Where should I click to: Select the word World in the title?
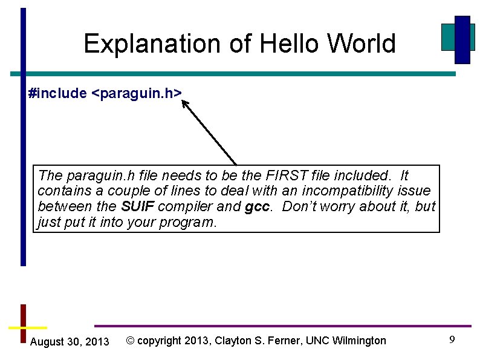point(362,44)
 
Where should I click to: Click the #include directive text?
point(57,93)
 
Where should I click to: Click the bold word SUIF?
point(138,206)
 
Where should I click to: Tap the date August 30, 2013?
point(69,342)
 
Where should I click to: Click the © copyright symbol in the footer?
point(130,341)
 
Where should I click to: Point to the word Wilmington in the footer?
point(359,341)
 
